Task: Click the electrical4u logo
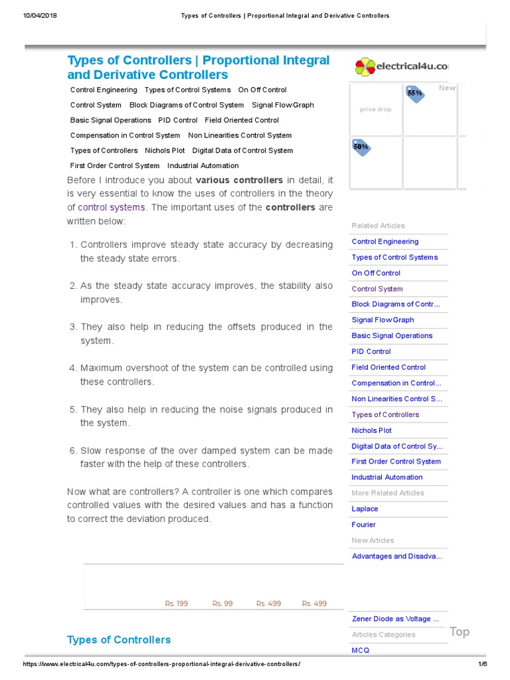[401, 66]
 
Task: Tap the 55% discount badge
[415, 94]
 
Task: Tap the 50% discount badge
[361, 146]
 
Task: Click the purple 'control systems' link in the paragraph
[111, 207]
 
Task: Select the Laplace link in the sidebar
[365, 509]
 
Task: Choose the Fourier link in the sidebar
[363, 525]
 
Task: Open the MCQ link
[360, 650]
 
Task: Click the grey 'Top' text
[459, 632]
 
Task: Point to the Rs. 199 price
[177, 604]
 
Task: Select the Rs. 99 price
[222, 604]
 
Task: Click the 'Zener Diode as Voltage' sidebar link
[395, 619]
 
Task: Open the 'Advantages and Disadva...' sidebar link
[396, 556]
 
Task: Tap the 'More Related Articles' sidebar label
[388, 493]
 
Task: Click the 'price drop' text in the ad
[375, 110]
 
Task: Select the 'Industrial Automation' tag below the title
[203, 166]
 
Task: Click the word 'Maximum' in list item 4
[101, 368]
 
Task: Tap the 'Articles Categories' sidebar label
[383, 635]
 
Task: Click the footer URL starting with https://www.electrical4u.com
[161, 665]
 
